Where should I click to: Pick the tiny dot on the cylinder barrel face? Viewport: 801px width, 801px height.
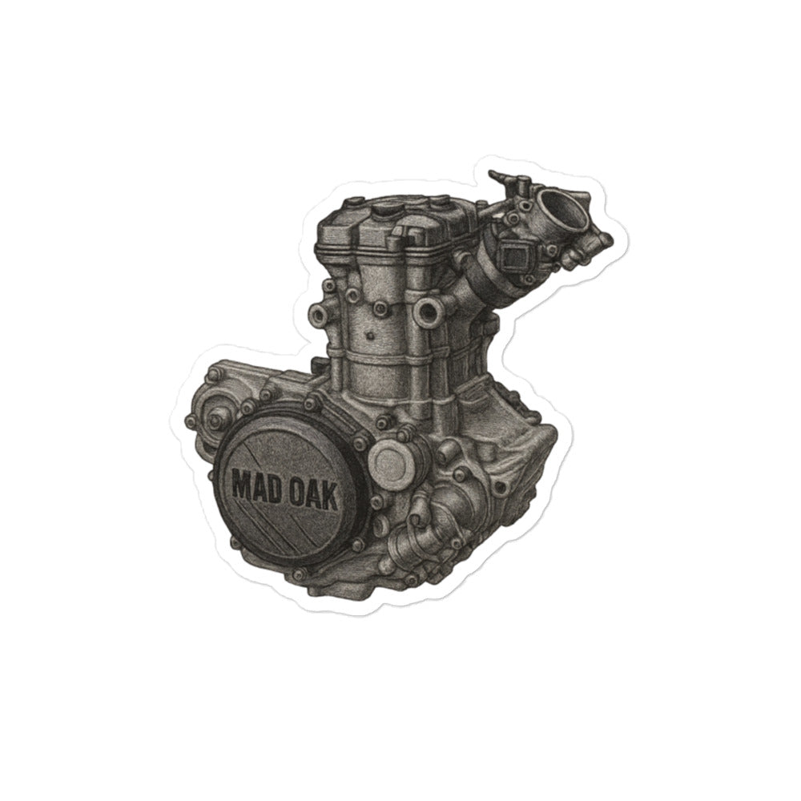tap(369, 336)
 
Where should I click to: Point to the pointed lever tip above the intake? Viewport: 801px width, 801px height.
tap(492, 174)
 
